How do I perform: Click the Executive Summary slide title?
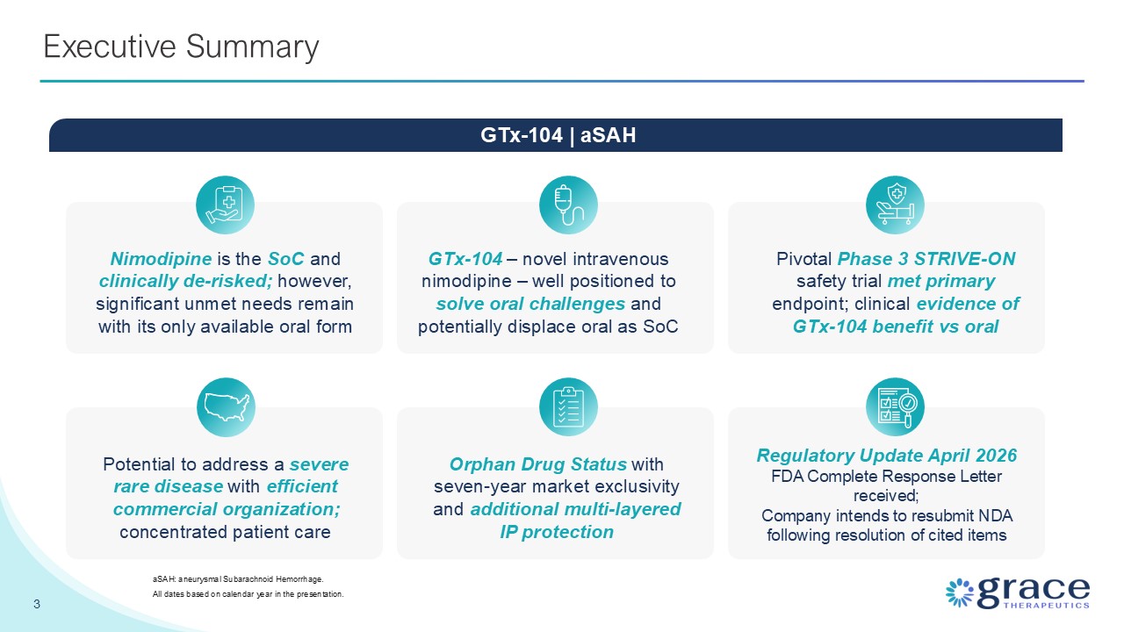pos(181,47)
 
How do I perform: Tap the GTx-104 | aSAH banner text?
pos(558,135)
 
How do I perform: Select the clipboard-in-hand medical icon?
pos(225,205)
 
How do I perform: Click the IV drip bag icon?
pos(568,205)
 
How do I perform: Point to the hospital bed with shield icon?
pos(895,205)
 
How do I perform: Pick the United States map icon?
pos(226,406)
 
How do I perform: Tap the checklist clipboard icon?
pos(568,406)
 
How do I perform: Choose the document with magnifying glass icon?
pos(895,406)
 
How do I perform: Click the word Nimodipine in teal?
pos(161,259)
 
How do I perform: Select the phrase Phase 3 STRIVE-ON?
pos(926,259)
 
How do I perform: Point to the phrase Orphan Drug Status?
pos(538,464)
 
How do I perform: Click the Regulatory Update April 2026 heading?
pos(887,456)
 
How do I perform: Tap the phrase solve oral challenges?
pos(530,304)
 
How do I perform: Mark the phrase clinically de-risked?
pos(185,282)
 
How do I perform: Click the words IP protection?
pos(557,532)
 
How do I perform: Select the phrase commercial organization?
pos(227,510)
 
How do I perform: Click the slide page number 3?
pos(37,604)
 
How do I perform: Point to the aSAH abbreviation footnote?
pos(238,579)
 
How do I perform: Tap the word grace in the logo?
pos(1034,592)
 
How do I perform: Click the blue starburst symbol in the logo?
pos(960,592)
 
